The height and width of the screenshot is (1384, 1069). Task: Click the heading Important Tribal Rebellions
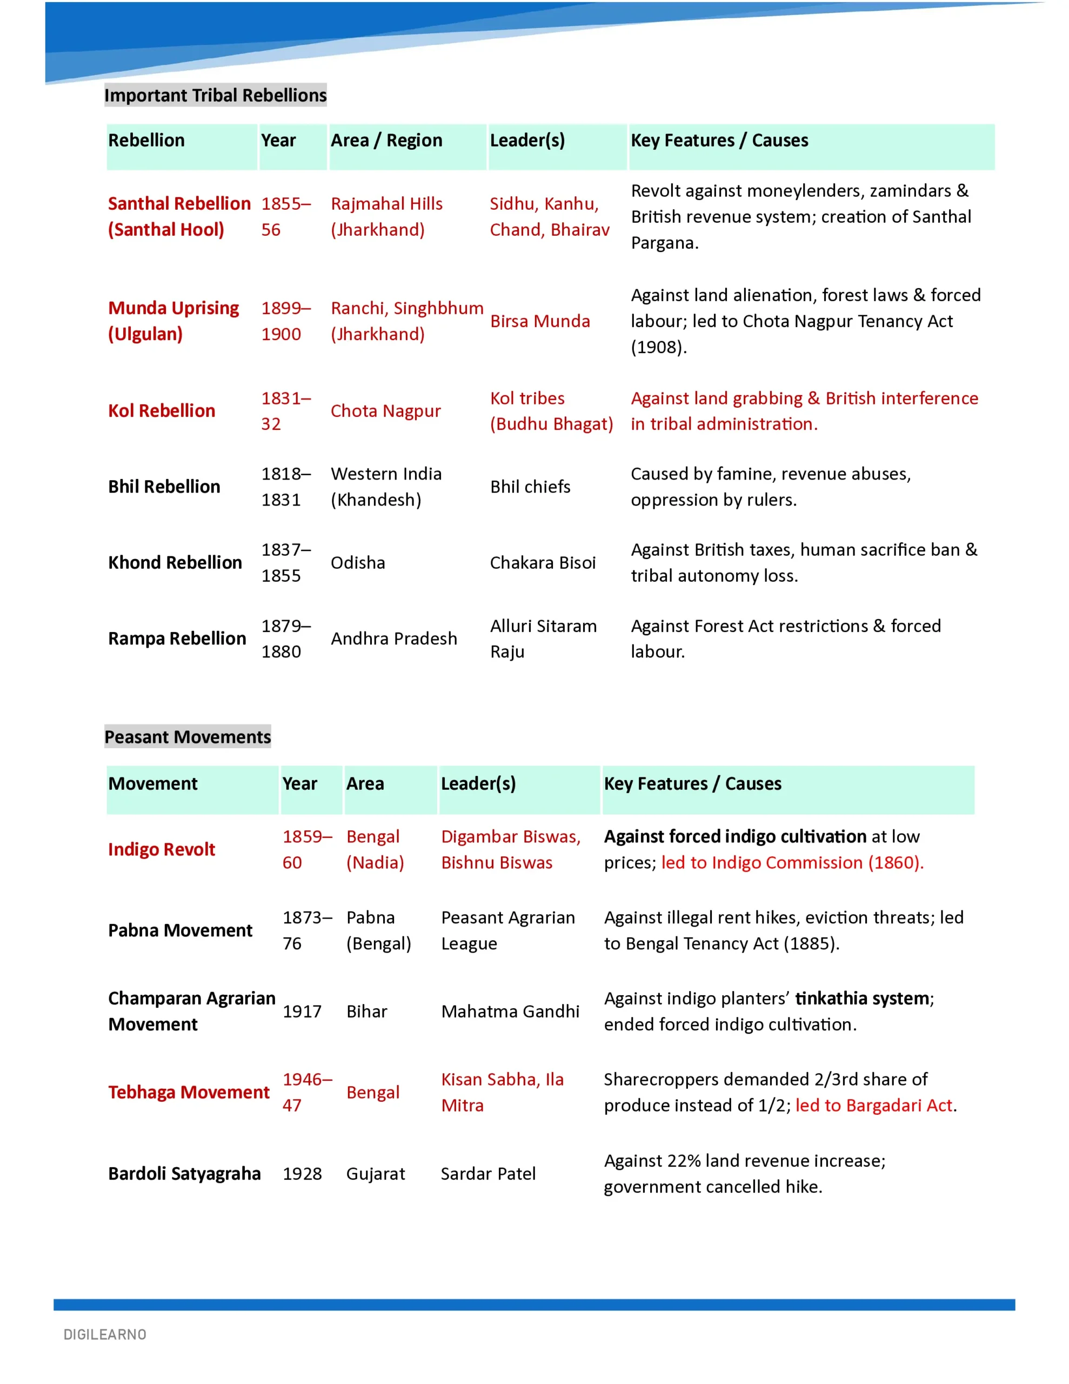click(216, 95)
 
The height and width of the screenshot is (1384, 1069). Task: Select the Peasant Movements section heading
click(188, 736)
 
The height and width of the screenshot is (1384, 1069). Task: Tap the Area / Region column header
click(386, 140)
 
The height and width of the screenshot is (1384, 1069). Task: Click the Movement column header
click(153, 783)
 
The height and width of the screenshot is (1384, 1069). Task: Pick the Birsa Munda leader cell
click(540, 321)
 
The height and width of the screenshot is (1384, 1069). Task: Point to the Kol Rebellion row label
click(162, 411)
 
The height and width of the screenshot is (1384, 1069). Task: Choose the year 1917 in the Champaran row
click(302, 1012)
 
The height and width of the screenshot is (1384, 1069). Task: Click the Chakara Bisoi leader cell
click(543, 563)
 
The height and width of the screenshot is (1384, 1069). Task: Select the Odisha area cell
click(357, 563)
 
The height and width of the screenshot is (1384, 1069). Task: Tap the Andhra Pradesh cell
click(393, 639)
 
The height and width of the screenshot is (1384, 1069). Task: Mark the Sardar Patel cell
click(488, 1174)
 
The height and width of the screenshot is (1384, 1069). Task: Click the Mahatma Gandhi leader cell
click(510, 1012)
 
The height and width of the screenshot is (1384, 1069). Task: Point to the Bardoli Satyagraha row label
click(184, 1174)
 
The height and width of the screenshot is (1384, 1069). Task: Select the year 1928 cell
click(302, 1174)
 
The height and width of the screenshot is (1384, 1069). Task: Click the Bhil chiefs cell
click(530, 487)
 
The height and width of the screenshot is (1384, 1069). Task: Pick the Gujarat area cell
click(375, 1174)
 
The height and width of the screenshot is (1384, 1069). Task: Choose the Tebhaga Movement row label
click(189, 1093)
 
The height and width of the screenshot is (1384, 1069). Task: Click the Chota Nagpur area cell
click(385, 411)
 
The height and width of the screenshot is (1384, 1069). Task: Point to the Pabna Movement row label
click(180, 930)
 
